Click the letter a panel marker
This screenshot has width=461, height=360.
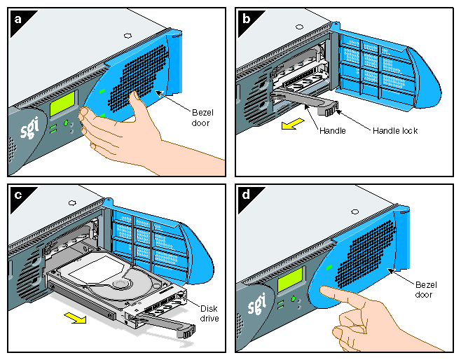[18, 19]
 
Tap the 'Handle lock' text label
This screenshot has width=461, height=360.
[395, 130]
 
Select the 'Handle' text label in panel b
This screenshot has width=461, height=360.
[331, 130]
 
